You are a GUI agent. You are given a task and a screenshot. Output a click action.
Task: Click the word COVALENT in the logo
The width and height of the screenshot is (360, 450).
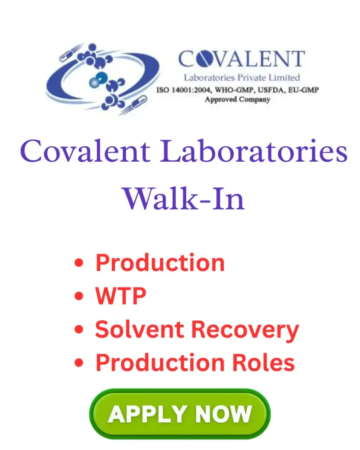pos(241,60)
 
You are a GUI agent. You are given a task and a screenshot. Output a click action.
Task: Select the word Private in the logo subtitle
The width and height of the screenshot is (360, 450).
pos(252,78)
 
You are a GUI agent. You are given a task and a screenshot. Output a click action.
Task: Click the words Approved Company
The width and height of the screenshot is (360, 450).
pos(237,99)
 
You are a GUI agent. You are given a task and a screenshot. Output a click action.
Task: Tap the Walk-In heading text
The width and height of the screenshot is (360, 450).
pos(183,199)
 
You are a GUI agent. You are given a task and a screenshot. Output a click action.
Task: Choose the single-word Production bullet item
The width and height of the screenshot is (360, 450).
pos(160,262)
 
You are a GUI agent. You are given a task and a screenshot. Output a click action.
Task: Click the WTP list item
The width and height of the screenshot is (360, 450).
pos(120,296)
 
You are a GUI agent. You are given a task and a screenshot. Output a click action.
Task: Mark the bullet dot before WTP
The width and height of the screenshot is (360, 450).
pos(79,297)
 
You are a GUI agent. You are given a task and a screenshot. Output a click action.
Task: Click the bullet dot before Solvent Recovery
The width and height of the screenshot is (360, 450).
pos(79,330)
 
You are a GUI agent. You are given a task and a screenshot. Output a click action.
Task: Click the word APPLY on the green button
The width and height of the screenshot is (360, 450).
pos(140,414)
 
